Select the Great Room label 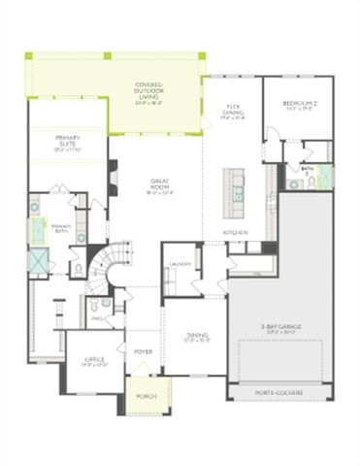click(x=161, y=185)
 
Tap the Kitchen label click(x=235, y=233)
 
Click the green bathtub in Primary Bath click(x=40, y=229)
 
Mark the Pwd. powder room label click(x=97, y=317)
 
